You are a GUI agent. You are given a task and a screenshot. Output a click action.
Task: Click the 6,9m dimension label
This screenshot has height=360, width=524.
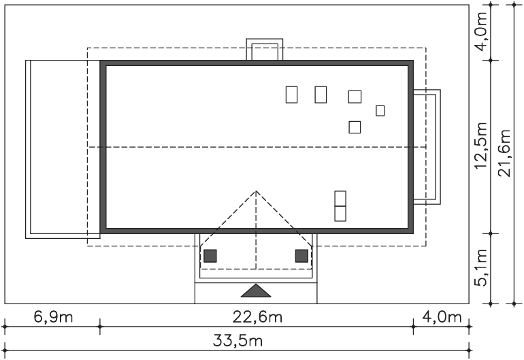click(54, 317)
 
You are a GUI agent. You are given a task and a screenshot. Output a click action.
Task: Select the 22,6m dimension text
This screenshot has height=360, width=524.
click(257, 317)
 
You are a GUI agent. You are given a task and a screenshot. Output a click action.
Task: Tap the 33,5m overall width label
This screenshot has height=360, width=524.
click(238, 341)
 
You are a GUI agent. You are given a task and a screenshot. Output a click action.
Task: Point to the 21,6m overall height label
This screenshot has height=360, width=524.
click(505, 153)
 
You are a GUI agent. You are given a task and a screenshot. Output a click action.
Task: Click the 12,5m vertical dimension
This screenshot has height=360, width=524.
click(481, 146)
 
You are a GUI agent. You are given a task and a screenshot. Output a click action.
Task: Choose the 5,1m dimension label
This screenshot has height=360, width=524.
click(481, 267)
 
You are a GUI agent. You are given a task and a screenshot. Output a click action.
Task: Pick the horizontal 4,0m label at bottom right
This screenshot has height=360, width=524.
click(442, 317)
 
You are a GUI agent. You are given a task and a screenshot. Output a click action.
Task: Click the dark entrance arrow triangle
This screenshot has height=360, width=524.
click(256, 291)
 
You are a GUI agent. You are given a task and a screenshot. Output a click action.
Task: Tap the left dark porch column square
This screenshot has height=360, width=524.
click(210, 256)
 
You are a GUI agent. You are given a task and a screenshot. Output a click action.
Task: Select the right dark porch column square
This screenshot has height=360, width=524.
click(301, 256)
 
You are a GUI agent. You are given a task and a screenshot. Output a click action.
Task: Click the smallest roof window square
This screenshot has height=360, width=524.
click(380, 111)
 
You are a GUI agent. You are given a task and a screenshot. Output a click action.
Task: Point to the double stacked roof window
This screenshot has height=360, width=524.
click(340, 206)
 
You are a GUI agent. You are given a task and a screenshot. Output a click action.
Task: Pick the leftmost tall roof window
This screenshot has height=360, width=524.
click(291, 95)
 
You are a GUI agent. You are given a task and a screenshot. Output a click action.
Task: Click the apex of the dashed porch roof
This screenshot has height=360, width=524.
click(256, 191)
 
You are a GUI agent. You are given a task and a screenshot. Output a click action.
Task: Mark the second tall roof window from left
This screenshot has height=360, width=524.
click(321, 95)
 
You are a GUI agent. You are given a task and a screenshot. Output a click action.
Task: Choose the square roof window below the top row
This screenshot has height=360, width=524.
click(355, 127)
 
